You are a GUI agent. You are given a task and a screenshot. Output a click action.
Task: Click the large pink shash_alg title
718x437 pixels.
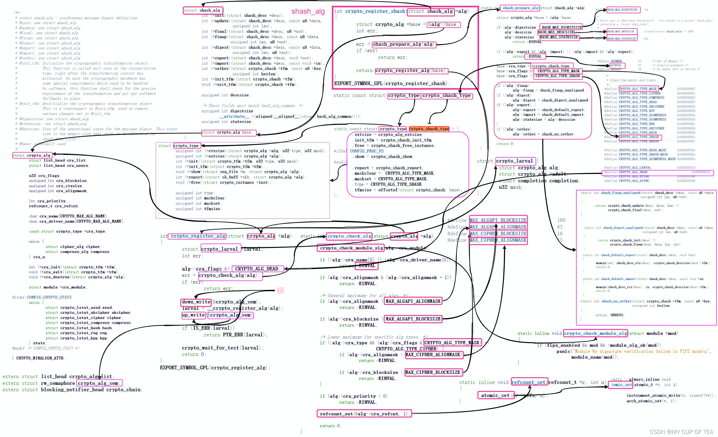(x=308, y=12)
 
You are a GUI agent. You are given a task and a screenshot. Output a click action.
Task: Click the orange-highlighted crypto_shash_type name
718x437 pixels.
(x=429, y=129)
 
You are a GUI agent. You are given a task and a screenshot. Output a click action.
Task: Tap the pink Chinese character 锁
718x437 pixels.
(x=280, y=290)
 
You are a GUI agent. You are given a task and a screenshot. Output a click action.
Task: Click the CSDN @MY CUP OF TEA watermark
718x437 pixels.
(x=681, y=432)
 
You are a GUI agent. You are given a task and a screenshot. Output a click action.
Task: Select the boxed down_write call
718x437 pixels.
(x=196, y=302)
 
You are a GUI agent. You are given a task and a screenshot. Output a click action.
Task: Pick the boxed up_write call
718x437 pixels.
(x=193, y=315)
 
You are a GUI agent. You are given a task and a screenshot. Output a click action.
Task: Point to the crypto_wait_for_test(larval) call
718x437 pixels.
(x=222, y=348)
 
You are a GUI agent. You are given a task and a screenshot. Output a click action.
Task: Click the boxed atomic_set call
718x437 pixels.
(x=495, y=396)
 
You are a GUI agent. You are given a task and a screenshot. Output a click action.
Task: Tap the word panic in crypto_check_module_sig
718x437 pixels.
(x=563, y=351)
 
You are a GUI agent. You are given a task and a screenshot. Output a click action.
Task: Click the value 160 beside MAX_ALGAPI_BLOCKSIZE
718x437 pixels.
(x=561, y=220)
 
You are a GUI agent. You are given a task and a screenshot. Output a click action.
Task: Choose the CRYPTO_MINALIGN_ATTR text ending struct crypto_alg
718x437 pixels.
(x=40, y=358)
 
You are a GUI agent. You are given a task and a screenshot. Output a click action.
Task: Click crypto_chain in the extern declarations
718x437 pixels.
(x=125, y=390)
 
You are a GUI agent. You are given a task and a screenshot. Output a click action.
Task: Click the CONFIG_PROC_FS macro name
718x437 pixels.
(x=367, y=151)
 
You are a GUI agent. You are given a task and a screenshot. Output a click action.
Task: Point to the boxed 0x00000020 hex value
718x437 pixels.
(x=700, y=172)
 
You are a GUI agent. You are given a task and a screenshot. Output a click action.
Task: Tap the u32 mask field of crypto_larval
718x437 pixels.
(x=510, y=187)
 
